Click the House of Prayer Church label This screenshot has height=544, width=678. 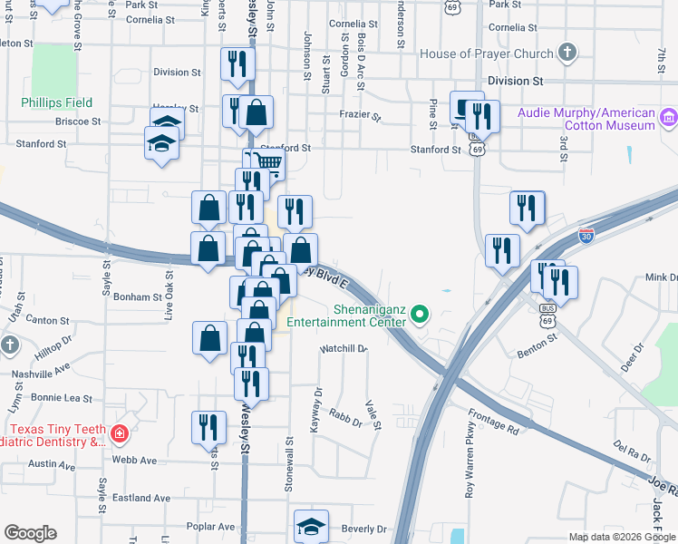[486, 53]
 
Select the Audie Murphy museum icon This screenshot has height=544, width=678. [669, 116]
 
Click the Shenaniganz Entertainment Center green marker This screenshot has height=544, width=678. [419, 315]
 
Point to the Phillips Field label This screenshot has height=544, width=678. [58, 102]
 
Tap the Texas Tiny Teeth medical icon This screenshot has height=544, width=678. [119, 435]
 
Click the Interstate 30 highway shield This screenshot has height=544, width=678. [587, 235]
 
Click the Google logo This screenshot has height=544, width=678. [30, 533]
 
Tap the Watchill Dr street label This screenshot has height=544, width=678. [343, 348]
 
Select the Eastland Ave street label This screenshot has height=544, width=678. [142, 498]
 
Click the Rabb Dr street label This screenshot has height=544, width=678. [345, 419]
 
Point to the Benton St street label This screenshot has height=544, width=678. [538, 345]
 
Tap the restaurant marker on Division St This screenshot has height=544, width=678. [237, 63]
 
